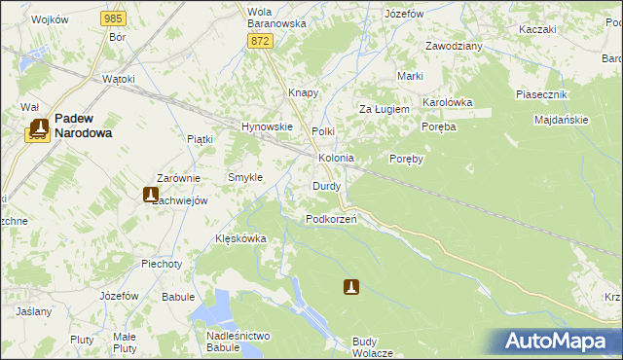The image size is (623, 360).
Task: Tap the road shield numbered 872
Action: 259,40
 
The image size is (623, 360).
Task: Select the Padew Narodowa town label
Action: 83,125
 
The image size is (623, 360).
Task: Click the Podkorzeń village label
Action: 331,219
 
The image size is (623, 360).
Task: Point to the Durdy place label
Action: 326,185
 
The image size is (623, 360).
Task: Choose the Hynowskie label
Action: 267,126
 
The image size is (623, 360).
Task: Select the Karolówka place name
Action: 447,101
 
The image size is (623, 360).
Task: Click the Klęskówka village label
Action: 240,238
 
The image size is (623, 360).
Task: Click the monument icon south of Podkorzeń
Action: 351,287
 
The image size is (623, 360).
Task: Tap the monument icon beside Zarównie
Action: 151,195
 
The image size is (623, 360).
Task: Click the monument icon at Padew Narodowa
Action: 39,126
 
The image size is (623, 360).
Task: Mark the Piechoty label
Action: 162,264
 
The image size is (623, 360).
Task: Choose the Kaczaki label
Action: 537,29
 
